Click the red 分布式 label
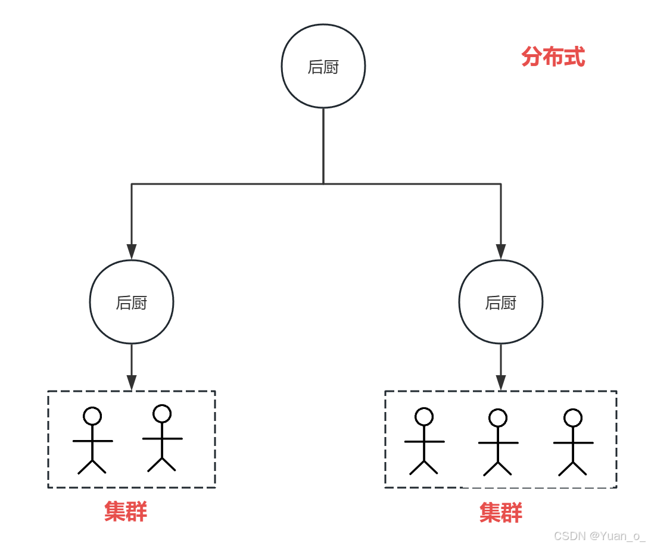[x=553, y=57]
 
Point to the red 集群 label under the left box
[x=126, y=511]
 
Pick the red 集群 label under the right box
[x=501, y=513]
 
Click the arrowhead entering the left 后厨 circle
[x=132, y=252]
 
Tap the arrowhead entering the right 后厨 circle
[x=501, y=252]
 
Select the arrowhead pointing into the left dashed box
[x=132, y=382]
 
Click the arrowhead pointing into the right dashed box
[x=501, y=382]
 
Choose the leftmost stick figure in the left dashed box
[x=92, y=441]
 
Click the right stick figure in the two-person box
[x=162, y=439]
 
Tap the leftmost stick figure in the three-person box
[x=424, y=442]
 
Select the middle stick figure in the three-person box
[x=498, y=443]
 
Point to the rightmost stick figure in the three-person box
[x=573, y=443]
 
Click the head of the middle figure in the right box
[x=498, y=418]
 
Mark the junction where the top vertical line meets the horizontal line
[x=323, y=183]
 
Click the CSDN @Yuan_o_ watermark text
[x=599, y=536]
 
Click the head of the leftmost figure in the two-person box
[x=92, y=416]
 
